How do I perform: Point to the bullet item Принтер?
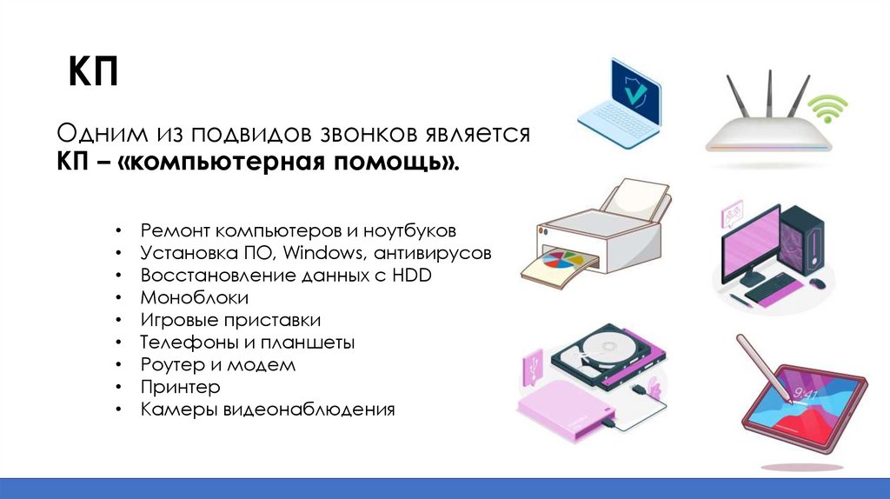pos(180,387)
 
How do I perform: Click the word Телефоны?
pos(182,343)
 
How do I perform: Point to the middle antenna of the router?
pos(768,96)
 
